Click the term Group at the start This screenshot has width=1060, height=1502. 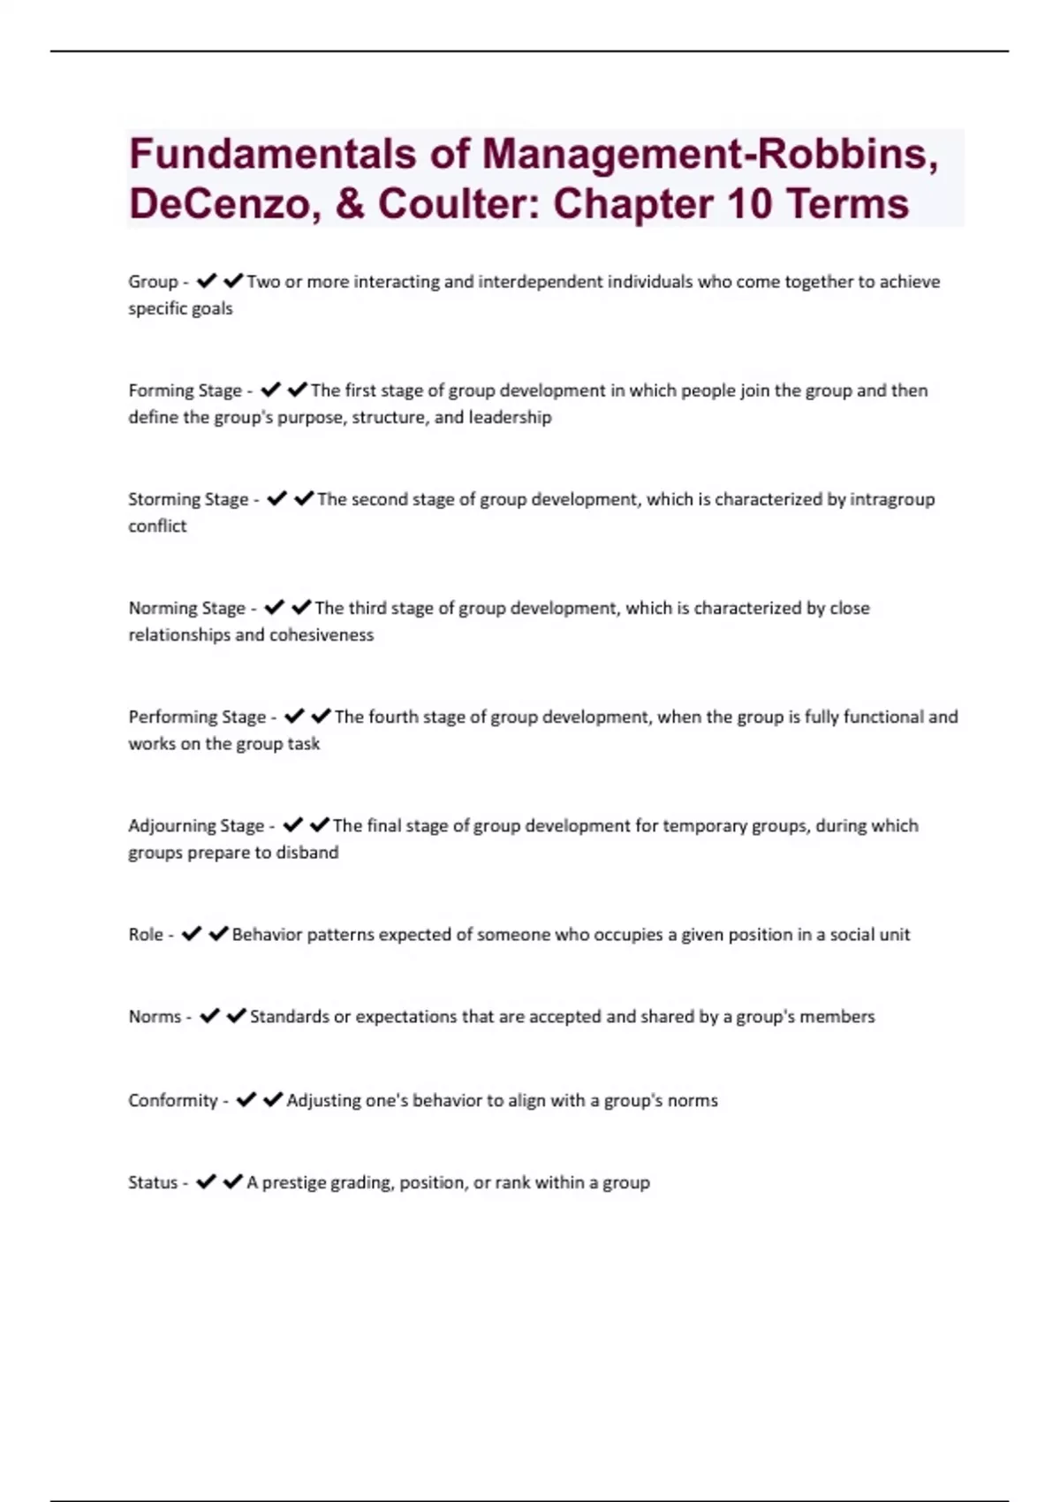(x=153, y=282)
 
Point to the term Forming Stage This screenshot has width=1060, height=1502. (x=185, y=391)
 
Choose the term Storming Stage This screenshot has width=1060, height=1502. (x=188, y=499)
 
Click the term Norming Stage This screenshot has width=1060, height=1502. (x=186, y=608)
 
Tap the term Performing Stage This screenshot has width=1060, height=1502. (x=197, y=717)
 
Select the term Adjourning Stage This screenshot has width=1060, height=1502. (x=196, y=825)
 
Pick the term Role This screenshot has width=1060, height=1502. (x=146, y=935)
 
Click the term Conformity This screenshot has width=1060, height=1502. (x=172, y=1101)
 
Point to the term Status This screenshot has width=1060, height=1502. (x=153, y=1183)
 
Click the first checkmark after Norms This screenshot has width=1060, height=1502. (x=209, y=1016)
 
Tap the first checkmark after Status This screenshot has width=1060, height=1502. (x=206, y=1181)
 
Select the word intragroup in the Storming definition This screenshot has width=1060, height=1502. (x=892, y=499)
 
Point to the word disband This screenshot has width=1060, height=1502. (x=307, y=853)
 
